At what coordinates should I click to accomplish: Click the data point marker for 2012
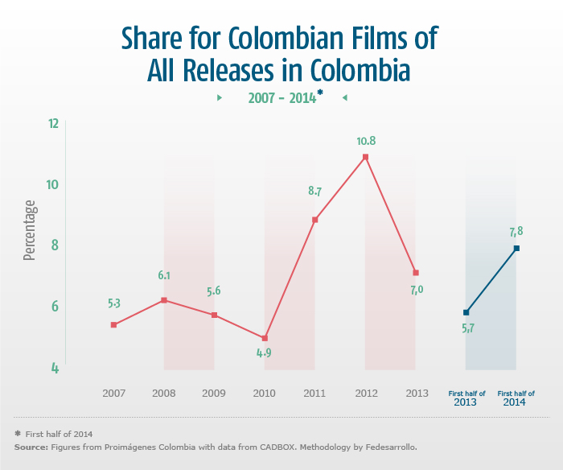point(365,157)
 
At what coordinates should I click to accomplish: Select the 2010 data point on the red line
point(265,338)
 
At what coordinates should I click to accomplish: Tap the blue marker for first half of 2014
point(516,248)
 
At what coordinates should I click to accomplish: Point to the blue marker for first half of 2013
point(466,312)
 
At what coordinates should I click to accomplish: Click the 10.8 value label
point(366,141)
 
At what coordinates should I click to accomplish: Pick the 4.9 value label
point(265,352)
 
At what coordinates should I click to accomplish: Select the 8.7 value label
point(314,192)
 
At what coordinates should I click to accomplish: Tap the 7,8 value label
point(516,232)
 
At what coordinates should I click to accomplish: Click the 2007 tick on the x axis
point(113,394)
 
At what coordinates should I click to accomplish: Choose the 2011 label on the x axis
point(314,394)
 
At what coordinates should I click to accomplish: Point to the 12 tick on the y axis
point(53,124)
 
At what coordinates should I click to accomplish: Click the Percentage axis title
point(30,230)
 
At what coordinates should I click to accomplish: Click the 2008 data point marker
point(164,300)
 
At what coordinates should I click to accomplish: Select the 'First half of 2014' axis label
point(516,398)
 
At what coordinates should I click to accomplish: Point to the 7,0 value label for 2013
point(417,290)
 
